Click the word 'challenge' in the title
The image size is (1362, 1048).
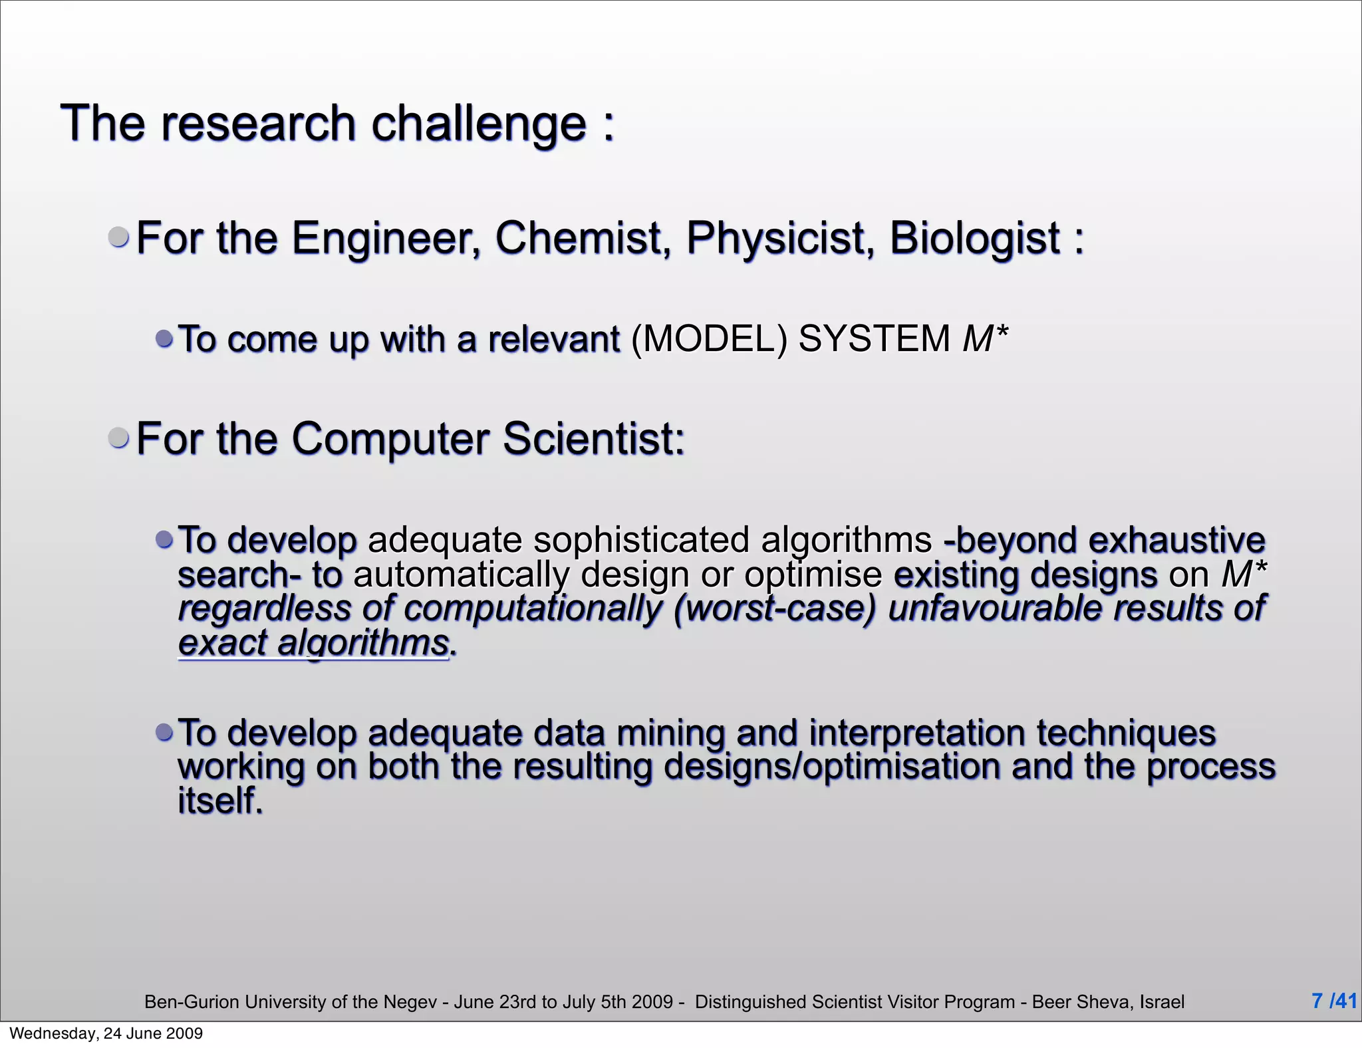[x=479, y=124]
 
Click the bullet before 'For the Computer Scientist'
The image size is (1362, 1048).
[x=119, y=438]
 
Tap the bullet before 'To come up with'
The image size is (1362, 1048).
[x=164, y=339]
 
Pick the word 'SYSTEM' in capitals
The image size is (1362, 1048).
[x=874, y=339]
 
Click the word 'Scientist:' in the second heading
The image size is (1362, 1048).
[x=593, y=439]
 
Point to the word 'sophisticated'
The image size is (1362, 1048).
[x=641, y=540]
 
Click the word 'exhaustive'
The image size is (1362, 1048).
[x=1176, y=540]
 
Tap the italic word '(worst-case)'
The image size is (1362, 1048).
[x=775, y=609]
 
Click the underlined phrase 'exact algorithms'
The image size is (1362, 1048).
[x=314, y=644]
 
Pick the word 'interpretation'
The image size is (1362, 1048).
[x=917, y=733]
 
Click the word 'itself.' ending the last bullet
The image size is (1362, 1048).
[x=220, y=801]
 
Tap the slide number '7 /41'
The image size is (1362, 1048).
[x=1333, y=1001]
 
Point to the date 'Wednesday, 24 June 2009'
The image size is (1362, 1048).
[x=106, y=1033]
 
